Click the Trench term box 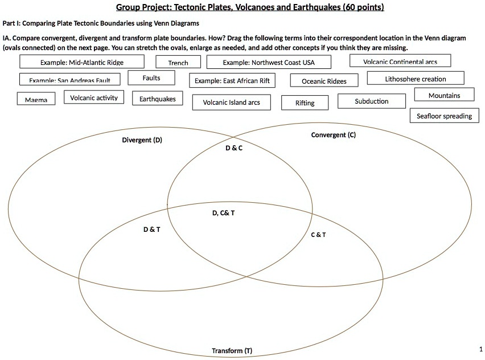(x=178, y=62)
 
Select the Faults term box (x=151, y=78)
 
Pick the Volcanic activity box (x=94, y=97)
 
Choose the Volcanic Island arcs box (x=231, y=103)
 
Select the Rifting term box (x=305, y=103)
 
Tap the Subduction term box (x=372, y=101)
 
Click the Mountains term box (x=444, y=95)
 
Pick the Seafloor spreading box (x=444, y=116)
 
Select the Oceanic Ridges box (x=324, y=81)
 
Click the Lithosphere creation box (x=416, y=79)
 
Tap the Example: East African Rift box (x=232, y=81)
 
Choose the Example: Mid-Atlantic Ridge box (x=82, y=62)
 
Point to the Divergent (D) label (x=142, y=140)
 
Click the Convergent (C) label (x=334, y=135)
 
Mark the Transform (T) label (x=232, y=350)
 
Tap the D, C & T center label (x=223, y=213)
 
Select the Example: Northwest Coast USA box (x=269, y=62)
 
